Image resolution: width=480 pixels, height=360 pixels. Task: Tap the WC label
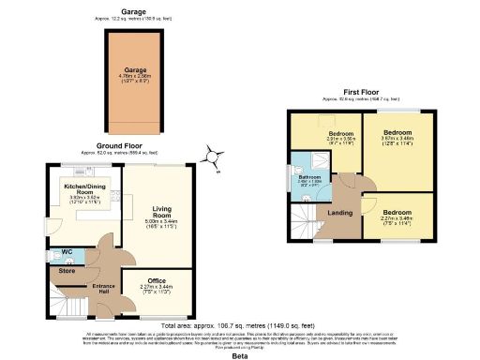point(67,251)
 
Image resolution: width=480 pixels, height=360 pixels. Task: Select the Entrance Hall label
point(102,287)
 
